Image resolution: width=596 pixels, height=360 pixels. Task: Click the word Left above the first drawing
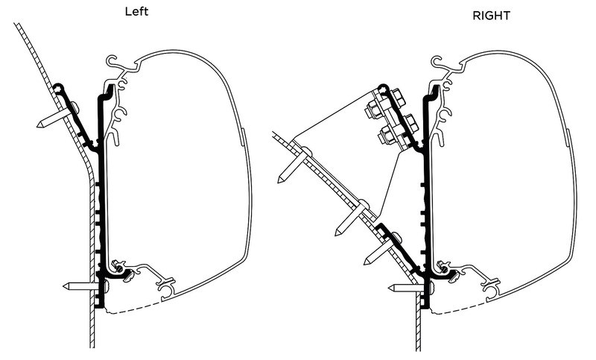point(136,11)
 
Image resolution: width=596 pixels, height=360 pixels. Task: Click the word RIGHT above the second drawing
point(491,16)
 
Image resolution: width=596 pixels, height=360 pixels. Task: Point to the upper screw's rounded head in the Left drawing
point(76,107)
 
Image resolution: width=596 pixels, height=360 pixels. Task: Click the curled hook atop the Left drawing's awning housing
point(113,61)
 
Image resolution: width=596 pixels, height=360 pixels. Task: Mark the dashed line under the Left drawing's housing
point(134,309)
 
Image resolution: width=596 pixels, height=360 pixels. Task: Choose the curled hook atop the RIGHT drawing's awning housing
point(438,62)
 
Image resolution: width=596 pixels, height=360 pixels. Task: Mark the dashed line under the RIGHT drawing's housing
point(460,309)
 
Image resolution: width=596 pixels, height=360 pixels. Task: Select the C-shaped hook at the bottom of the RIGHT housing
point(492,288)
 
